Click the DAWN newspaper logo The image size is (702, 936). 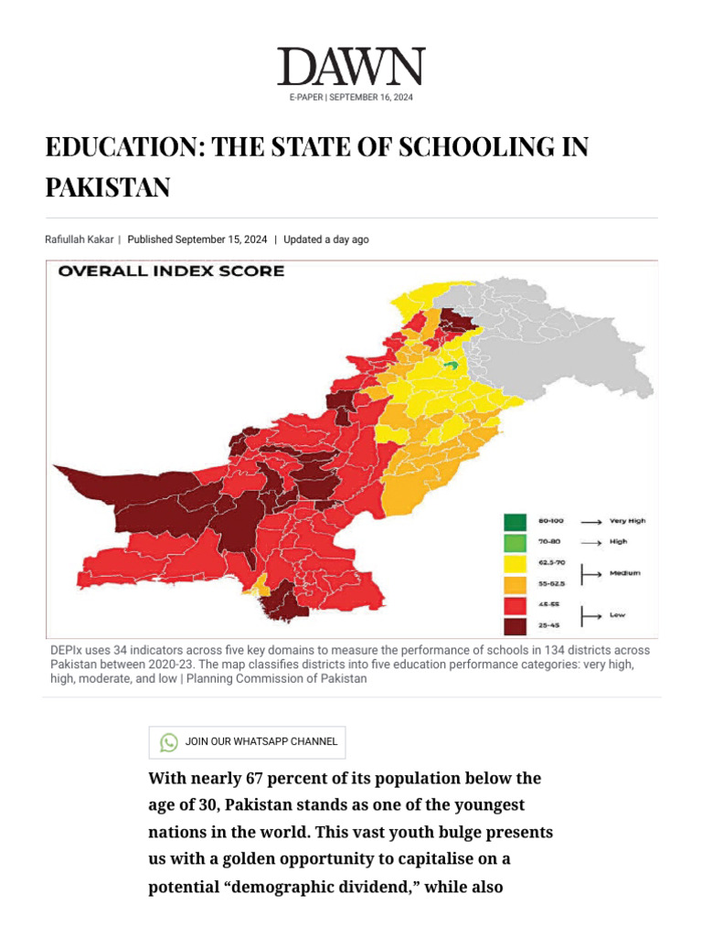351,68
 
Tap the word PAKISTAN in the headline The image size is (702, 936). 108,187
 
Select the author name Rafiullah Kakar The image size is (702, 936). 80,239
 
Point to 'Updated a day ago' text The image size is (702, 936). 326,239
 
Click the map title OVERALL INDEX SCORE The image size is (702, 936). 171,271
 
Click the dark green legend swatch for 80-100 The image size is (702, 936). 515,522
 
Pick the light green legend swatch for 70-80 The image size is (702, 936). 515,542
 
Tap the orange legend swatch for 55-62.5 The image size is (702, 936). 515,584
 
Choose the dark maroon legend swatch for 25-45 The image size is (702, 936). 515,626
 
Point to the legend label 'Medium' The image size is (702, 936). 625,573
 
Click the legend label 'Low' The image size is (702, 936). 619,615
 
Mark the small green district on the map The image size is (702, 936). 449,365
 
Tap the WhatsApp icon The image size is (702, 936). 169,742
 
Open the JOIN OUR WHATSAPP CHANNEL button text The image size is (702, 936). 261,742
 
